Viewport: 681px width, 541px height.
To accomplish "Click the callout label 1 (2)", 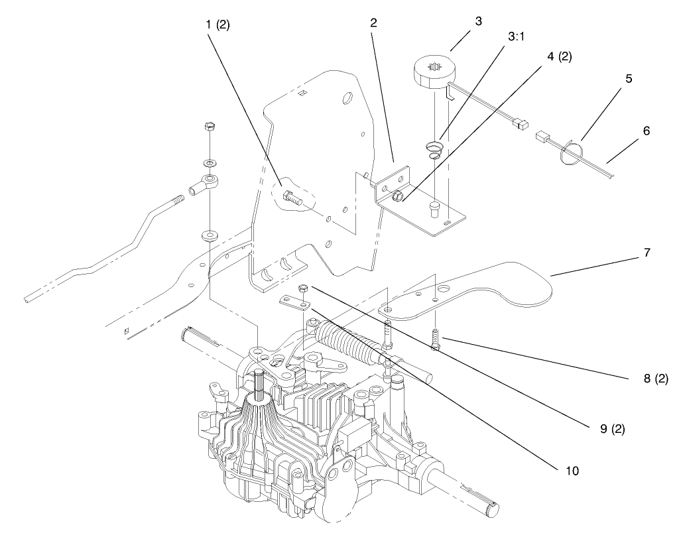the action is tap(217, 25).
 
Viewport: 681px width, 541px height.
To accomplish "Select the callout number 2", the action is tap(373, 23).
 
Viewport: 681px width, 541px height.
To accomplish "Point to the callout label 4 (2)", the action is tap(560, 56).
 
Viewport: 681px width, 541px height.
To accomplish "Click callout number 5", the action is tap(629, 79).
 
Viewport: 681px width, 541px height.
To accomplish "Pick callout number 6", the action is tap(647, 131).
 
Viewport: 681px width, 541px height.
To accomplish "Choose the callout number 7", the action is tap(647, 252).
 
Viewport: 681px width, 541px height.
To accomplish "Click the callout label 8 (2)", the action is tap(656, 379).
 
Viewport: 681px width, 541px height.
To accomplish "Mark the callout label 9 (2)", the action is tap(613, 429).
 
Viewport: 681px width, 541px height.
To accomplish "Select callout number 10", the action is tap(572, 471).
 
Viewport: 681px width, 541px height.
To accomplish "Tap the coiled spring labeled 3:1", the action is tap(434, 150).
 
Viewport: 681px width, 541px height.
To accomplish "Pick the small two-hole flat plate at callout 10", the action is tap(294, 302).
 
